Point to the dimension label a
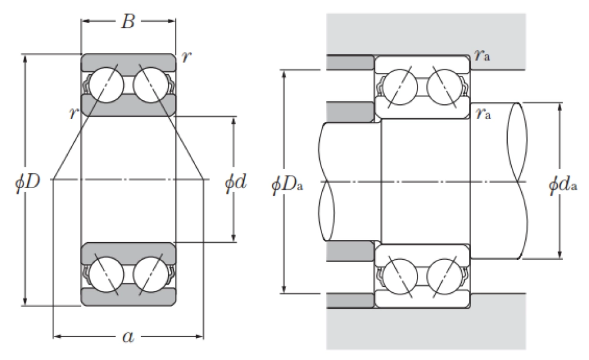point(128,336)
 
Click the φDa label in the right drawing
point(287,184)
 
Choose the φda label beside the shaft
point(562,184)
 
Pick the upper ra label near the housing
point(482,55)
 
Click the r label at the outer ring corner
point(186,57)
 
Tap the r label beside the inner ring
point(74,113)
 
